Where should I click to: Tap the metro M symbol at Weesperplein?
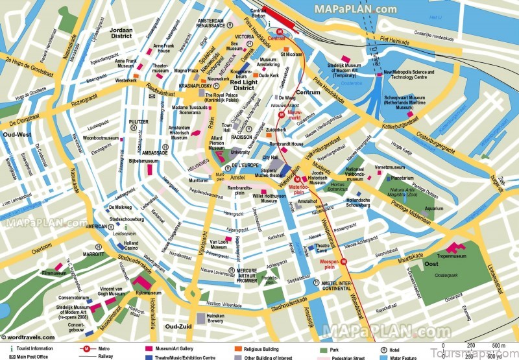pyautogui.click(x=344, y=262)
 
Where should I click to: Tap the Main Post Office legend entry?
pyautogui.click(x=32, y=357)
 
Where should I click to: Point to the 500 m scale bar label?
pyautogui.click(x=497, y=345)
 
